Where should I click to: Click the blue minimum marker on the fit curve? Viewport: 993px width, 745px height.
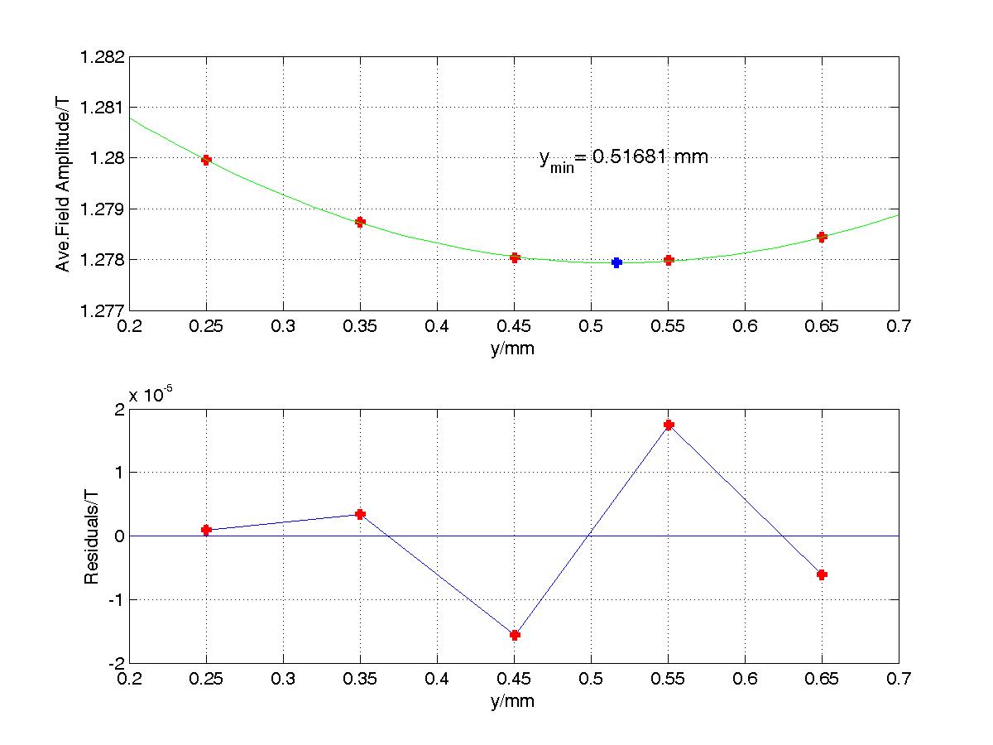point(616,262)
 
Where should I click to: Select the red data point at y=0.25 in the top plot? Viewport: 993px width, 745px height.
point(206,160)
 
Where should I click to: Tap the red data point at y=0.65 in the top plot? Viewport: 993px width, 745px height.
point(822,237)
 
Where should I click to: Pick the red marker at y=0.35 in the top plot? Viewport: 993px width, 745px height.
point(360,222)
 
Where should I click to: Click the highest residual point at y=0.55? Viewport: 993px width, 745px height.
point(669,425)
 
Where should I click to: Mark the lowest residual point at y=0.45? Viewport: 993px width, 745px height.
point(515,635)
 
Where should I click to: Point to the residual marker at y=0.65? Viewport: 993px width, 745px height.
point(822,575)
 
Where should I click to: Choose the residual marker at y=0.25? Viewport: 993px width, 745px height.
point(206,530)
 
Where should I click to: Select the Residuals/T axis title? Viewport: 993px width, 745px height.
point(91,537)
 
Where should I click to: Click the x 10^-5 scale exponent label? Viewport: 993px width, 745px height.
point(151,394)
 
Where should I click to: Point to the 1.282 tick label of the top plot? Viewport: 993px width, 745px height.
point(102,57)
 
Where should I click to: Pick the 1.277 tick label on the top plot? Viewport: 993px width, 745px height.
point(102,311)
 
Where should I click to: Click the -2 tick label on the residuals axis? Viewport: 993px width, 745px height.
point(117,664)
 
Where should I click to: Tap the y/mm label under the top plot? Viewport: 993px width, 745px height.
point(512,348)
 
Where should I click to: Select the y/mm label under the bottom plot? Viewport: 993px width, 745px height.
point(512,702)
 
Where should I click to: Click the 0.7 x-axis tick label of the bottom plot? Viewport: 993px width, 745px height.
point(899,679)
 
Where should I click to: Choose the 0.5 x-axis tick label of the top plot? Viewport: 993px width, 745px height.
point(591,325)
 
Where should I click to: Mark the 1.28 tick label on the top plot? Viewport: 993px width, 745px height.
point(107,158)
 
